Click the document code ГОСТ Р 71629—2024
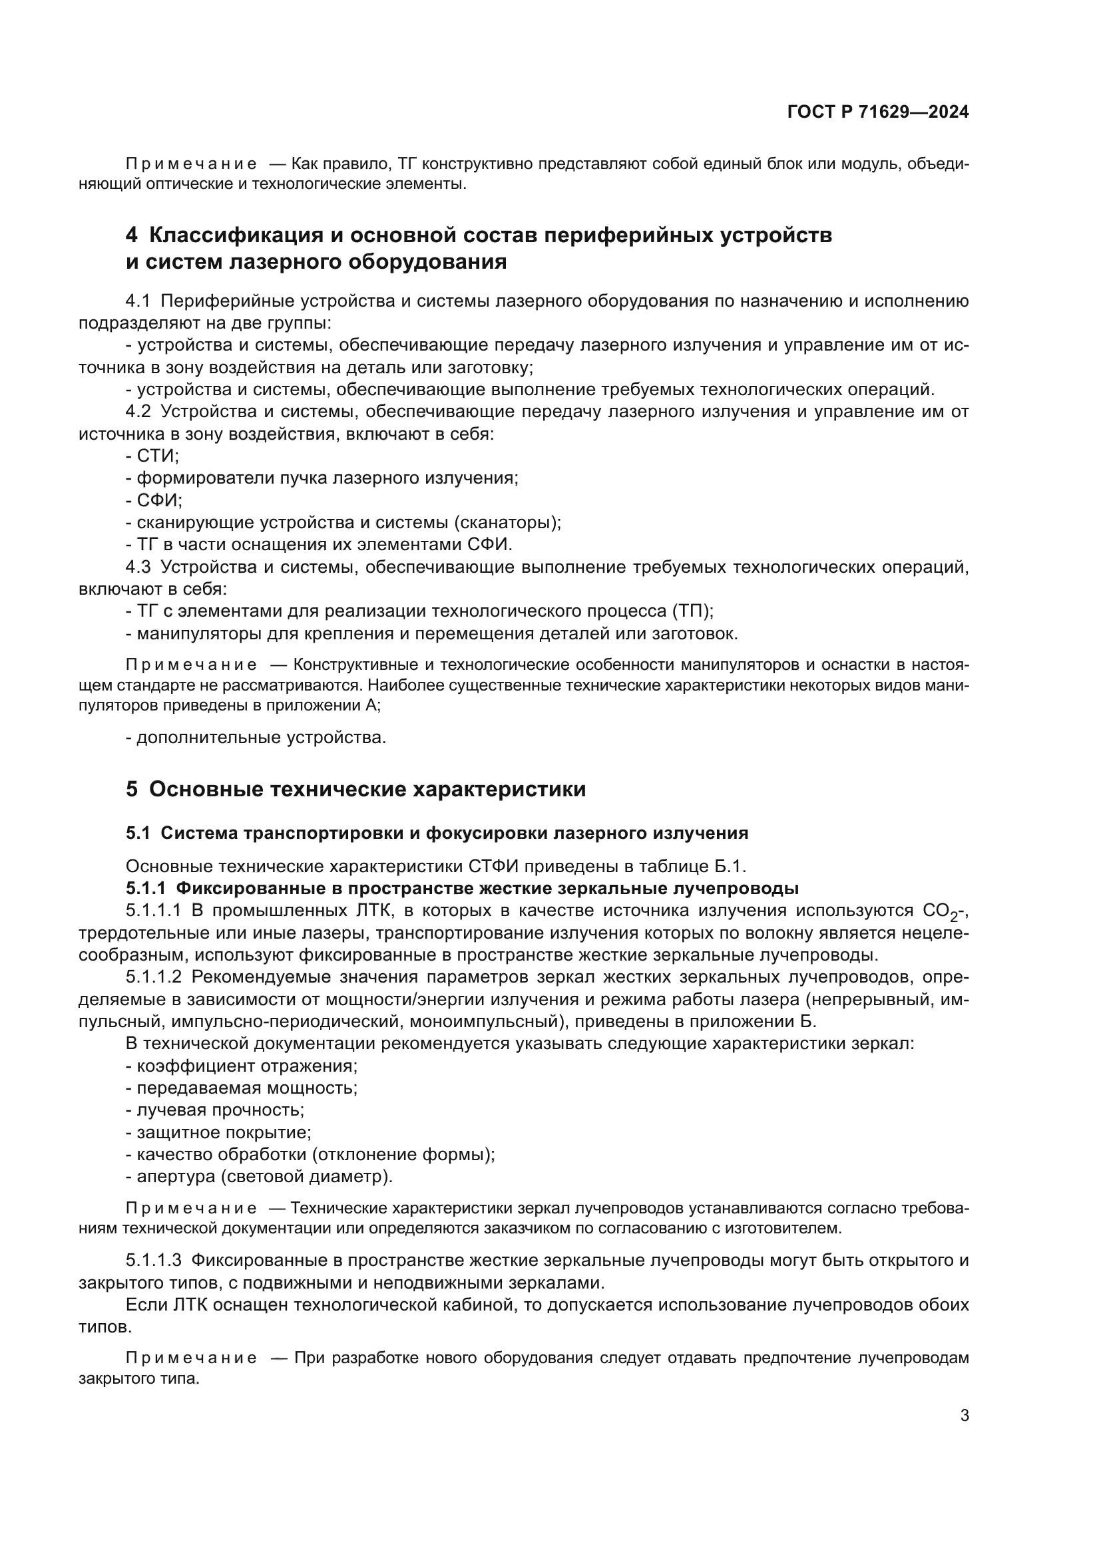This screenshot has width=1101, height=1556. coord(877,112)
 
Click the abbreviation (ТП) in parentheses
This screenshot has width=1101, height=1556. coord(692,611)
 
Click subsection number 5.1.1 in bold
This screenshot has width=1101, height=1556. coord(145,889)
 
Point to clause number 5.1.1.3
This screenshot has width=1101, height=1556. coord(153,1261)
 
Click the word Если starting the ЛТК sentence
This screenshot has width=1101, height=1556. coord(146,1305)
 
